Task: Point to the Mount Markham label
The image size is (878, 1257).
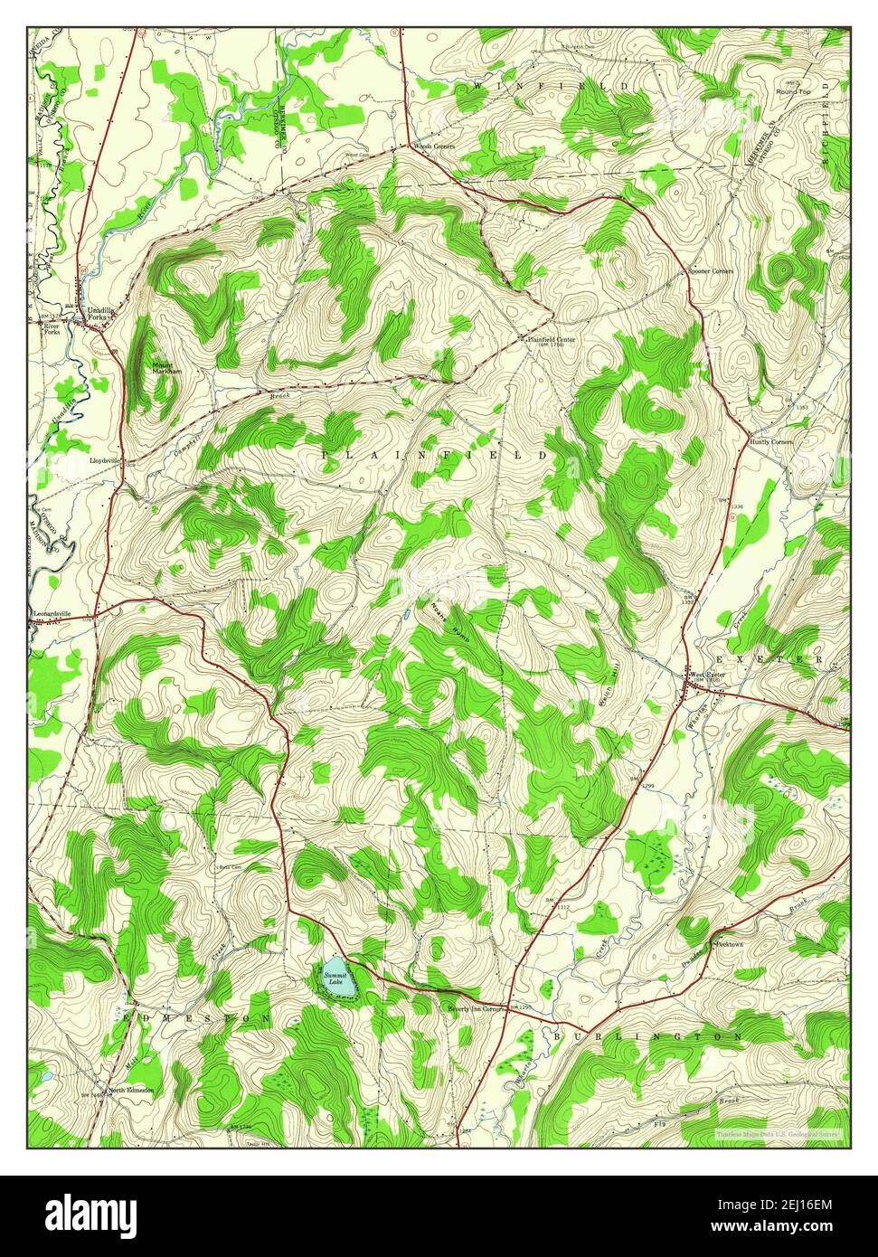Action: (x=166, y=367)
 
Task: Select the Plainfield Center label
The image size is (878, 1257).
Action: (x=545, y=339)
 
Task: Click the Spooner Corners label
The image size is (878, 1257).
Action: (x=711, y=271)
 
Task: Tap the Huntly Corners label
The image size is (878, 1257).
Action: (x=770, y=441)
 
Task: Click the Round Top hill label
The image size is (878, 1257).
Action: (x=793, y=92)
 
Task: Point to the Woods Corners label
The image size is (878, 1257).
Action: (x=434, y=146)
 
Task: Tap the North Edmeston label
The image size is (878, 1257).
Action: (x=131, y=1090)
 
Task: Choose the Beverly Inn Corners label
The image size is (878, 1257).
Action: (x=475, y=1008)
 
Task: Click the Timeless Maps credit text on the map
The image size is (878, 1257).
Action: (x=776, y=1133)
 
